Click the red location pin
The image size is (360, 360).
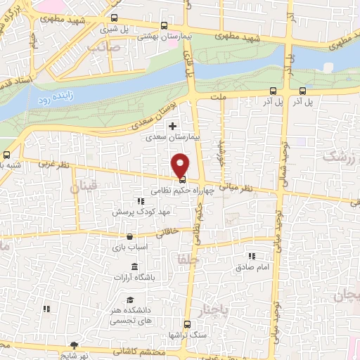click(x=181, y=165)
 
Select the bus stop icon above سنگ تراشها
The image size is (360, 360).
click(x=187, y=324)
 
